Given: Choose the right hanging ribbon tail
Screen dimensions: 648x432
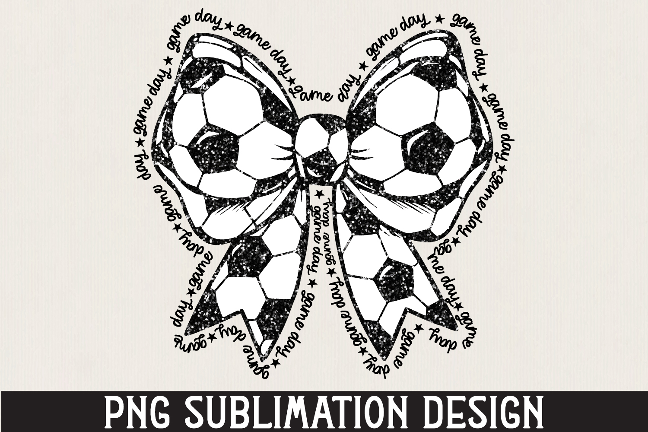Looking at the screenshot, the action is tap(391, 289).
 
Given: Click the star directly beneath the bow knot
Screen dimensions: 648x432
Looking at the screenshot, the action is tap(319, 193).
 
